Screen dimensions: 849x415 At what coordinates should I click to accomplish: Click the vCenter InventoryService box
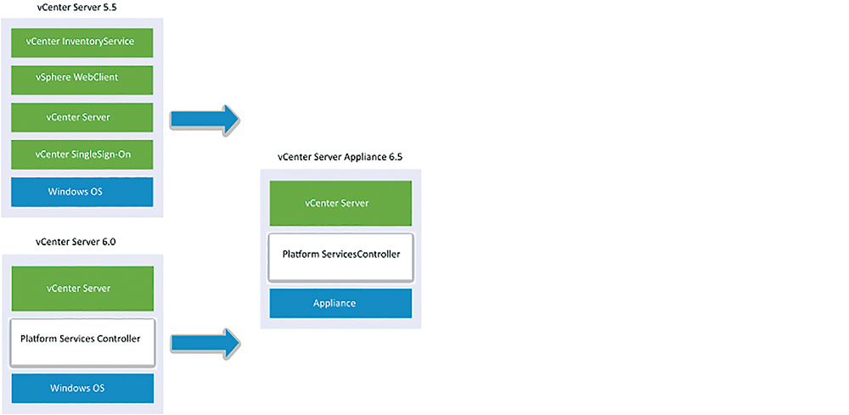82,42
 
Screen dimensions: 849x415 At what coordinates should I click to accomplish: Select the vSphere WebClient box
82,80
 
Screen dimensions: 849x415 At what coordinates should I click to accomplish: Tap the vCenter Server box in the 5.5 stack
82,117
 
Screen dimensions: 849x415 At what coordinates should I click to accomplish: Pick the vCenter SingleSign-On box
82,154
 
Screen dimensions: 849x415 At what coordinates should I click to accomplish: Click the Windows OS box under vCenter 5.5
82,192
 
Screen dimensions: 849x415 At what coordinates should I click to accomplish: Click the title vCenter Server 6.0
76,242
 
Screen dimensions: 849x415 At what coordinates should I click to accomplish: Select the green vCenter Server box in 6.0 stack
82,289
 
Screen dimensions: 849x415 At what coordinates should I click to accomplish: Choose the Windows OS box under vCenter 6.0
82,389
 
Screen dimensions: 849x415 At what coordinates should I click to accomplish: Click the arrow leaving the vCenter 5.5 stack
205,121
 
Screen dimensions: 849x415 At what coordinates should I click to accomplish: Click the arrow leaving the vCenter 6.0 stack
205,343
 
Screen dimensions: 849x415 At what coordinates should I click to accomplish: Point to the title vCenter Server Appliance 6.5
340,158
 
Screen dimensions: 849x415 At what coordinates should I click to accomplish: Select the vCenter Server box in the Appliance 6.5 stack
340,204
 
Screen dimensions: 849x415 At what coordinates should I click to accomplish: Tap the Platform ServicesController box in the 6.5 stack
340,257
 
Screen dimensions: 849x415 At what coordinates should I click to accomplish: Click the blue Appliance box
340,304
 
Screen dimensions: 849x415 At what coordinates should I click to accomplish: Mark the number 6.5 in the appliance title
396,158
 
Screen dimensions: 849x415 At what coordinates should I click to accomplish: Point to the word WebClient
98,77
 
